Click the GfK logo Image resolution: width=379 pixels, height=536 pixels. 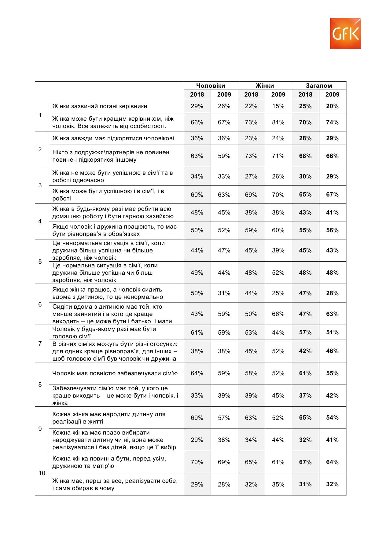coord(345,33)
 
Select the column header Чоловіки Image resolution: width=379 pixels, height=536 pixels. coord(211,86)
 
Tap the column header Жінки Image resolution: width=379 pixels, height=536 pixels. coord(265,86)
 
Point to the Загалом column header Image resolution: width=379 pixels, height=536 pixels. coord(319,86)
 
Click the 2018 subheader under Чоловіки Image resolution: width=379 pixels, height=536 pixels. coord(197,94)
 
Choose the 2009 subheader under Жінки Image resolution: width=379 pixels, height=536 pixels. coord(278,94)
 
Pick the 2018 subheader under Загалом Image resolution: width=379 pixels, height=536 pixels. coord(305,94)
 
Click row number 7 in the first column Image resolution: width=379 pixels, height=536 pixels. coord(40,343)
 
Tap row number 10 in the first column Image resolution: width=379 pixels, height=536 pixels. coord(42,473)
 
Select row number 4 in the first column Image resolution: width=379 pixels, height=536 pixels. coord(40,221)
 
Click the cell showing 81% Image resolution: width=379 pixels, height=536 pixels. coord(278,122)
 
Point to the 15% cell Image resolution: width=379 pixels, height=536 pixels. coord(278,106)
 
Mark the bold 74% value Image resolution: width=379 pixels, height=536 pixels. coord(332,122)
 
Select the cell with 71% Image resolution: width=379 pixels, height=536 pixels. coord(278,156)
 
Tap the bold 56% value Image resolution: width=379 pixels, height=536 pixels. coord(332,230)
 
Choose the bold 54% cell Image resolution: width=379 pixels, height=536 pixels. coord(332,417)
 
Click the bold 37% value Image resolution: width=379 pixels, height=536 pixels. coord(305,395)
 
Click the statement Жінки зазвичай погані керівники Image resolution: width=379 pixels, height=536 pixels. coord(100,106)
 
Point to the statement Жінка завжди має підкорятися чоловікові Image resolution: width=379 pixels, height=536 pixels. coord(113,138)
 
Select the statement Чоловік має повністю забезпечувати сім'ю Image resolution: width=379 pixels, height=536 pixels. coord(115,373)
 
